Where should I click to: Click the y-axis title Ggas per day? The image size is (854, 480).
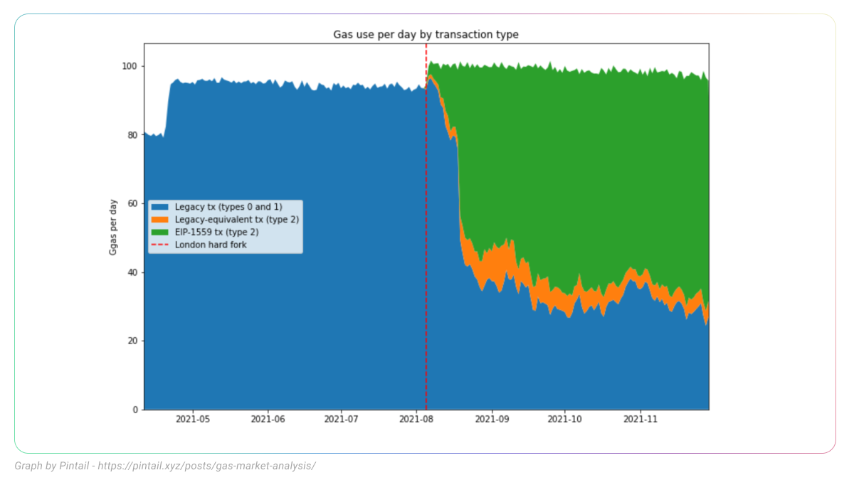(113, 227)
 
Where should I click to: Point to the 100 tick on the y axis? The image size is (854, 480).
(131, 66)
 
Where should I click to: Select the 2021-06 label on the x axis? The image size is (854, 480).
(268, 420)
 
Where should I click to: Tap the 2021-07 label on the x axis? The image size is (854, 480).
(342, 420)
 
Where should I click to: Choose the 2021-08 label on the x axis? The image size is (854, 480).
(416, 420)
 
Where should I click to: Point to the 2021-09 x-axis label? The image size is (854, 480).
(492, 420)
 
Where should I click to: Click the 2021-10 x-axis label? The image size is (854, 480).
(565, 420)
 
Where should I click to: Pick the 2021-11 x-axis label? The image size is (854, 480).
(640, 420)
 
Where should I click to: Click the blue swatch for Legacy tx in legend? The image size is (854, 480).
(161, 207)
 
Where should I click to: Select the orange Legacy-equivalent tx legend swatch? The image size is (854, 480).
(161, 220)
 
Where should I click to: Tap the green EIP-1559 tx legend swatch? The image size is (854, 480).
(161, 232)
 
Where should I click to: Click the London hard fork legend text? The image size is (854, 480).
(211, 245)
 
